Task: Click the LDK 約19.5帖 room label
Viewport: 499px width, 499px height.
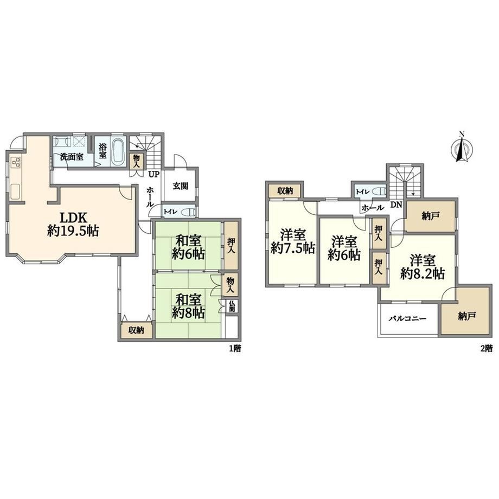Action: [x=73, y=224]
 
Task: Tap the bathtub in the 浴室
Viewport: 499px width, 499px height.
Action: [x=118, y=151]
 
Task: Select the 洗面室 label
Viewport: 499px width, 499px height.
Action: [x=72, y=157]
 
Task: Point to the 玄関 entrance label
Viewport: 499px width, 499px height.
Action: [x=180, y=186]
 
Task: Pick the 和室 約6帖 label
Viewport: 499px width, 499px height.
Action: [x=188, y=247]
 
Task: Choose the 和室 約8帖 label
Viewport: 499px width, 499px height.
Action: [x=188, y=306]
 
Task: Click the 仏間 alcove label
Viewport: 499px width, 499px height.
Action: [x=232, y=306]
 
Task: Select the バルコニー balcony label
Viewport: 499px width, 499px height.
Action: [x=407, y=318]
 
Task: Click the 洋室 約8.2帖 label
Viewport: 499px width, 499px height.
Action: [x=423, y=267]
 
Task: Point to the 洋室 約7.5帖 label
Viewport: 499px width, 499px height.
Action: [x=293, y=241]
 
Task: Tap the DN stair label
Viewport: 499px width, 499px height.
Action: [x=396, y=205]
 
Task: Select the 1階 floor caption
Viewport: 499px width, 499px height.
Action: [x=235, y=348]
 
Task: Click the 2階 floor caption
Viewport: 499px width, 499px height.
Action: [x=487, y=348]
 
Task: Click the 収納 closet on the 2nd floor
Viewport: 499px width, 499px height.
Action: [x=285, y=191]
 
